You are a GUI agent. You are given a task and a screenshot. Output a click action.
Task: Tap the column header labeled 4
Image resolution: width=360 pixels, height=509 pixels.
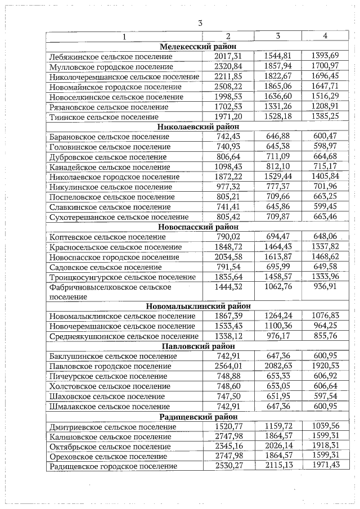(325, 37)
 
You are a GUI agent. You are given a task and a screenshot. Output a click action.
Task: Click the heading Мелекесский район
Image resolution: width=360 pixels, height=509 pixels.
(197, 47)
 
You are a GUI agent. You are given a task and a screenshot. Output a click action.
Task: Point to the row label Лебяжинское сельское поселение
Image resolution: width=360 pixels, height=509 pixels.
(111, 56)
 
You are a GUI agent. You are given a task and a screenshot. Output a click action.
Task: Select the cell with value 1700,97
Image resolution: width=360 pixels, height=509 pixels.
(325, 66)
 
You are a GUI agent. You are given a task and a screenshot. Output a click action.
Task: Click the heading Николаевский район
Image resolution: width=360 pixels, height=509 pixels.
(197, 127)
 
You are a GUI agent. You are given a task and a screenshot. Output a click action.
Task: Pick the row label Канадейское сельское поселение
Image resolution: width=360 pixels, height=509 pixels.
(110, 167)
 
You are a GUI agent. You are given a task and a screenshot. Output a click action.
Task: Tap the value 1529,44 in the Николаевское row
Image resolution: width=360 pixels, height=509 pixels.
(277, 177)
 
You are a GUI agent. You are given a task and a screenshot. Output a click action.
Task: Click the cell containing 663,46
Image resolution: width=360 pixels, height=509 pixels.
(325, 217)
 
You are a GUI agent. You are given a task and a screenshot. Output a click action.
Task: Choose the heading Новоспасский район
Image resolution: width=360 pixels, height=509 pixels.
(197, 227)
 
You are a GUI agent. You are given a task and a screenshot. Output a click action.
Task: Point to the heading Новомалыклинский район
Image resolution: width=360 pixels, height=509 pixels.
(197, 307)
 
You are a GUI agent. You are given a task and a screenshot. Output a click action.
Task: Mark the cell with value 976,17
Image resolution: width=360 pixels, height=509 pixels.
(277, 336)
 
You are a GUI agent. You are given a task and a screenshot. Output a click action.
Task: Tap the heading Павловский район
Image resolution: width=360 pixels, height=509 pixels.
(197, 346)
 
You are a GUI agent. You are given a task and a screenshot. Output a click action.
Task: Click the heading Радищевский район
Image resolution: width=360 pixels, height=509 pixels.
(197, 416)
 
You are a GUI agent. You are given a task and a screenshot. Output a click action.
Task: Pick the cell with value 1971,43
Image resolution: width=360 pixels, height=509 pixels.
(325, 466)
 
